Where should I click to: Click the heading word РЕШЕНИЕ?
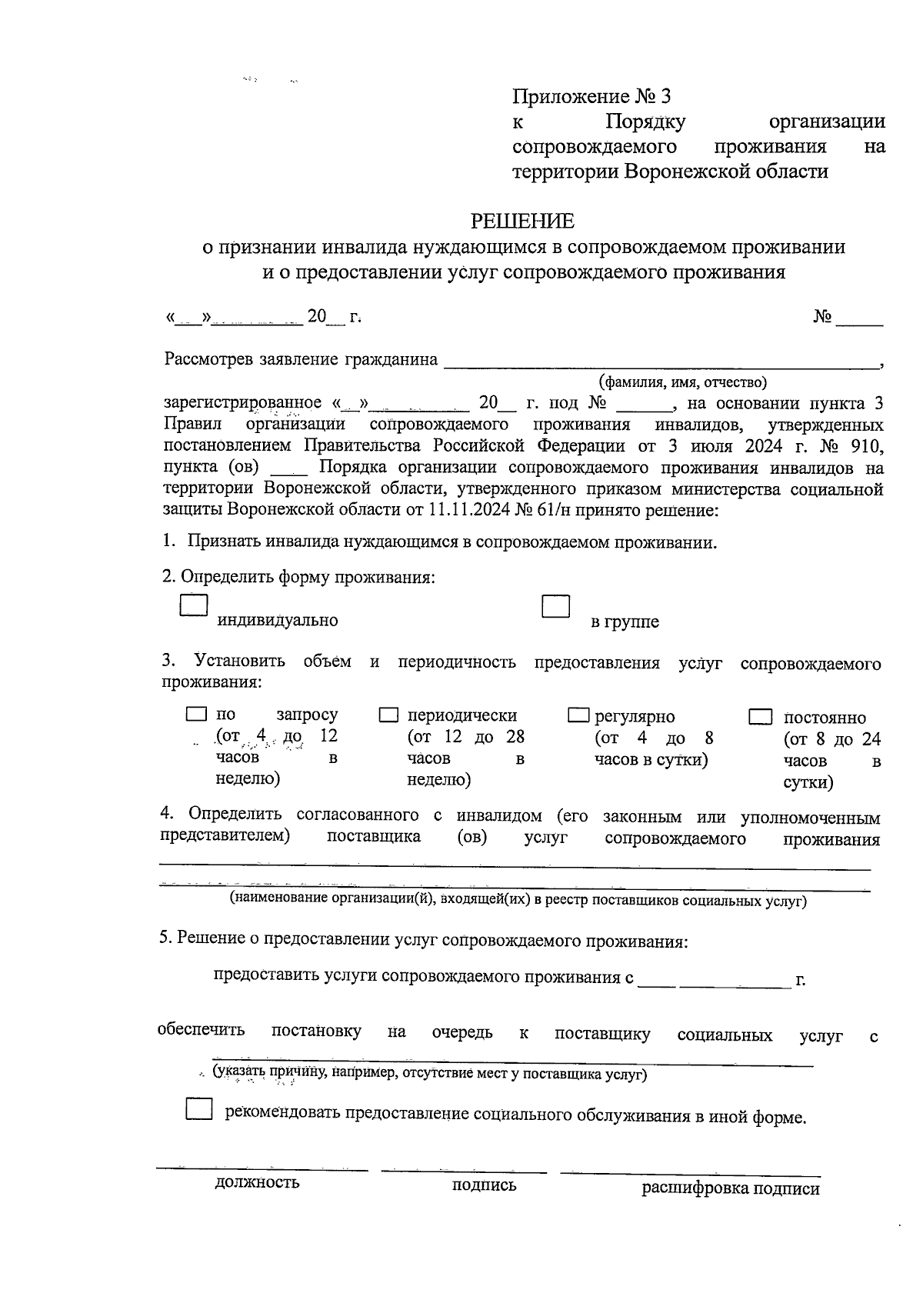coord(522,222)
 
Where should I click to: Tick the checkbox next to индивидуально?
coord(194,605)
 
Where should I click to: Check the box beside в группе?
coord(555,606)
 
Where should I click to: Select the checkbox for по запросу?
coord(196,715)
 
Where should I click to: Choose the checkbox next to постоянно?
coord(760,717)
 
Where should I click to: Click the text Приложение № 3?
coord(591,97)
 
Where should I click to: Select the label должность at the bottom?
coord(257,1182)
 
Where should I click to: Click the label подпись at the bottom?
coord(484,1185)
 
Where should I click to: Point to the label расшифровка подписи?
coord(730,1188)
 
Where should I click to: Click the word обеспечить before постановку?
coord(201,1030)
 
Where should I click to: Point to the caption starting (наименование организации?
coord(518,900)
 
